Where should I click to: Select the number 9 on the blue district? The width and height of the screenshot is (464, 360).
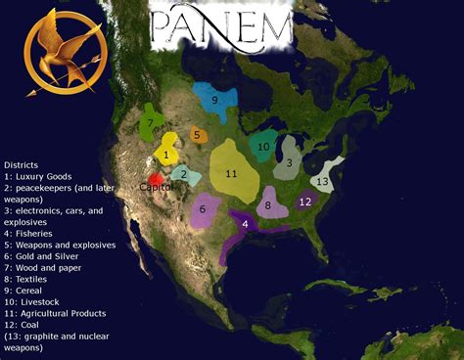[213, 99]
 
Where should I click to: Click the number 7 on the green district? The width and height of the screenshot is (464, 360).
[151, 124]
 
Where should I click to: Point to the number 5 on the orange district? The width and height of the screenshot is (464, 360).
[197, 135]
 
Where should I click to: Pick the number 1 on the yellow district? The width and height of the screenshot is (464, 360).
[166, 155]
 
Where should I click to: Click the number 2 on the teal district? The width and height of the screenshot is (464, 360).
[183, 175]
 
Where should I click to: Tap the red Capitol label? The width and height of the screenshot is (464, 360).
[155, 186]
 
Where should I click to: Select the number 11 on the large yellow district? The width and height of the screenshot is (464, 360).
[232, 173]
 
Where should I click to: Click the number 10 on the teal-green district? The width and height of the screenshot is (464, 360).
[264, 147]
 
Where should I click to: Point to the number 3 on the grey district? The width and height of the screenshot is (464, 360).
[289, 163]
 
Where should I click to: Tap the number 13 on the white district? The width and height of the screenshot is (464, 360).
[323, 181]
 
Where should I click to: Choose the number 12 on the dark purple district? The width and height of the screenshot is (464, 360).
[305, 202]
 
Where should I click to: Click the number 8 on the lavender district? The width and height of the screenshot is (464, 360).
[268, 205]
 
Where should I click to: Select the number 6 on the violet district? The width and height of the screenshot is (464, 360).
[203, 208]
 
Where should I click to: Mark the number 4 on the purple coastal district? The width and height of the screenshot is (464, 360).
[245, 225]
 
